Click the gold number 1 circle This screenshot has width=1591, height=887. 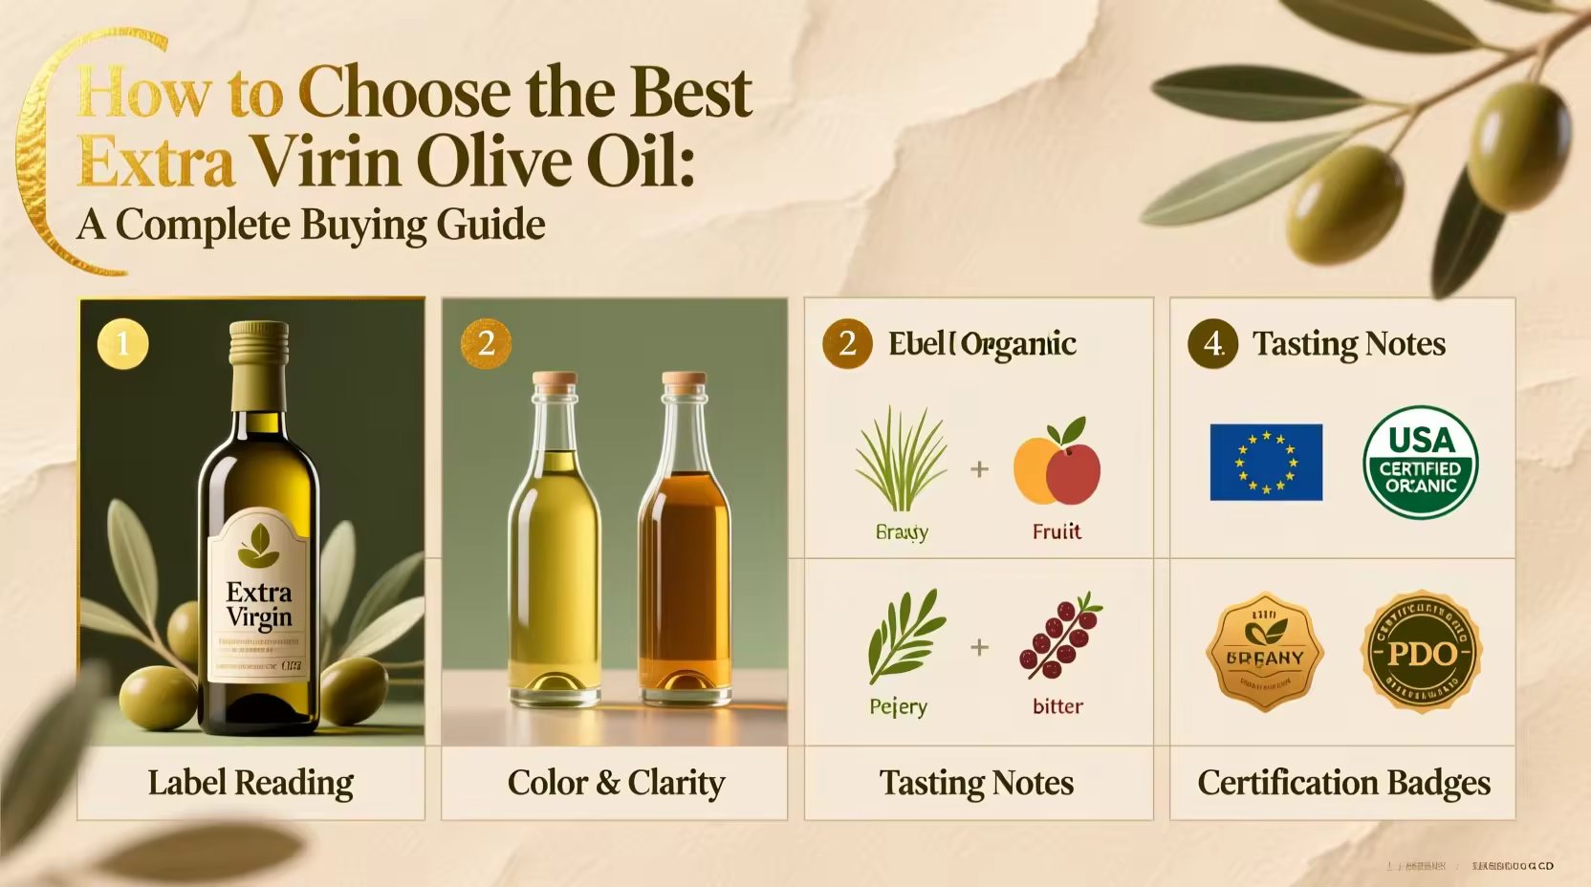click(122, 344)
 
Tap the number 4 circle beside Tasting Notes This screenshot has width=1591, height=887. click(1212, 344)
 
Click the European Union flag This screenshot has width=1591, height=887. click(1266, 463)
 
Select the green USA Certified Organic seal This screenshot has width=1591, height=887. click(1420, 463)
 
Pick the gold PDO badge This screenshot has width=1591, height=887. click(1421, 654)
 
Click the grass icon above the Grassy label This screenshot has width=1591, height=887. click(900, 461)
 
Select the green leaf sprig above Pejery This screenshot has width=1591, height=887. click(904, 636)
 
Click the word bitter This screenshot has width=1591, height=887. click(1057, 706)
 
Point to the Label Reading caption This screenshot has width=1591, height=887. click(251, 783)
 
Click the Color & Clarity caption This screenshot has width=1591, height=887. click(616, 783)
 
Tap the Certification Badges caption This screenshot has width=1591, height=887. click(1343, 783)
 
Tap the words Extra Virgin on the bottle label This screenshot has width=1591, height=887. click(259, 605)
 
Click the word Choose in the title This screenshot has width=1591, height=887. click(403, 93)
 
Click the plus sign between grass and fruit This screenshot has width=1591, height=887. click(979, 469)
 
